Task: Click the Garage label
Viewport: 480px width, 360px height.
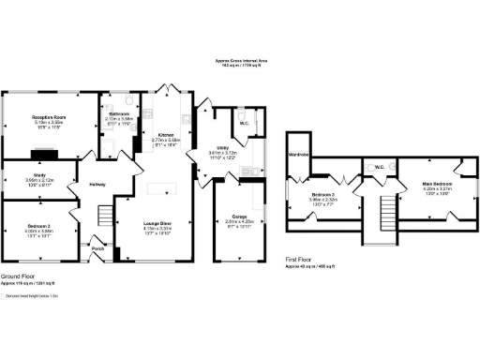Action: point(240,215)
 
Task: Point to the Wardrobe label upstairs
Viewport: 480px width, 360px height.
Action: point(300,154)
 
